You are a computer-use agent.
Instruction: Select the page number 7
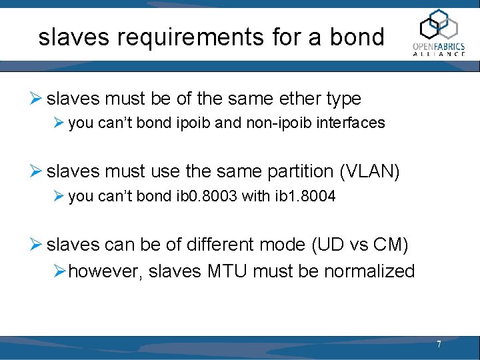tap(439, 345)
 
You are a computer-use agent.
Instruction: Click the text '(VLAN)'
tap(369, 172)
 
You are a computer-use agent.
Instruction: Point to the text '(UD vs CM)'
tap(359, 245)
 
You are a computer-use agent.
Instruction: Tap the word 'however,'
tap(105, 271)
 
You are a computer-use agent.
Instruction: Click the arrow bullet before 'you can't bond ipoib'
tap(60, 123)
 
